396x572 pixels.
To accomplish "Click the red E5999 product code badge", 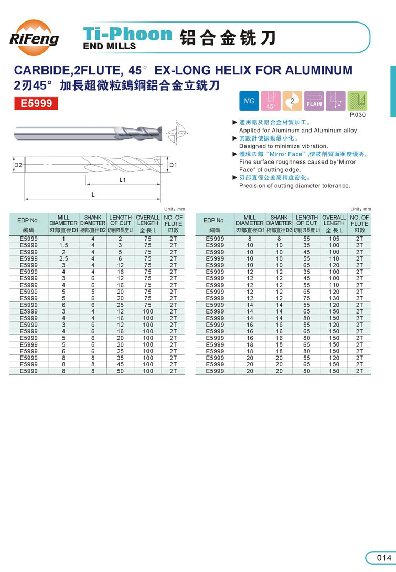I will (x=36, y=103).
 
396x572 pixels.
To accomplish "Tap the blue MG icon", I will (x=249, y=100).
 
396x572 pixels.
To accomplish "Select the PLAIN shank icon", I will (x=314, y=101).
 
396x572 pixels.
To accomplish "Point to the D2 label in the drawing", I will (x=18, y=165).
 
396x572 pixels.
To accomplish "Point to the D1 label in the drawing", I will (x=174, y=165).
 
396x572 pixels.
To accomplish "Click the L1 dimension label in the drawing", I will (x=123, y=180).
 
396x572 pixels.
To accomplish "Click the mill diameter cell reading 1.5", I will (x=63, y=245).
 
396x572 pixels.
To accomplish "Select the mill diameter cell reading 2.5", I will (x=63, y=258).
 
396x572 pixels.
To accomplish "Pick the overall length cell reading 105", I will (x=334, y=239).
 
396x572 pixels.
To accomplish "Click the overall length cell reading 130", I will (x=334, y=298).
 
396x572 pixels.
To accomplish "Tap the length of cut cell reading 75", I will (x=307, y=298).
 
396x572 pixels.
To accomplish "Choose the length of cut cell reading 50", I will (x=120, y=371).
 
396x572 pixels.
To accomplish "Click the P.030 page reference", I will (x=358, y=114).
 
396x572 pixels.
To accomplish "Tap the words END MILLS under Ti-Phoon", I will (x=110, y=46).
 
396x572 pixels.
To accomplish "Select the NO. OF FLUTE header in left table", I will (x=173, y=223).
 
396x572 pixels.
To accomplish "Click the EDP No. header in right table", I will (x=215, y=223).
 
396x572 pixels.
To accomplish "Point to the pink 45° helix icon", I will (x=271, y=100).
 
